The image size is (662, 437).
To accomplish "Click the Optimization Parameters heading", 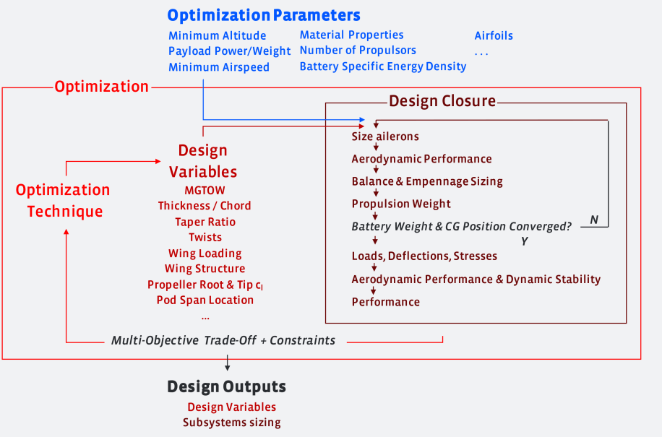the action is point(264,16).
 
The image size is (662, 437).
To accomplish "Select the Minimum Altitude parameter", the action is point(218,36).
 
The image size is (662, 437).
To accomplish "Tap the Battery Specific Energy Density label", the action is point(383,66).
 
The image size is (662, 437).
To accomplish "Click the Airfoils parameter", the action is point(494,36).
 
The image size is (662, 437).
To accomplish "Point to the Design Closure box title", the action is point(442,101).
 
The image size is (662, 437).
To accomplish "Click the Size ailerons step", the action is point(385,137).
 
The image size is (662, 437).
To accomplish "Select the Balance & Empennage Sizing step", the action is point(427,182).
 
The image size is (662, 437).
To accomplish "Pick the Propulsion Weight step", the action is point(401,204).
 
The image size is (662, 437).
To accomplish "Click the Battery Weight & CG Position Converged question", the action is point(462,227).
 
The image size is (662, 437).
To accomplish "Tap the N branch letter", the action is point(594,220).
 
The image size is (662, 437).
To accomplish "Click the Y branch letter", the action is point(525,241).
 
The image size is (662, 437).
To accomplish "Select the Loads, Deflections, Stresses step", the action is point(424,256).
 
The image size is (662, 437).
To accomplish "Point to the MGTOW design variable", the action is point(205,191).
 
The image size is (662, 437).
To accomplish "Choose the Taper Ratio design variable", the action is point(205,222).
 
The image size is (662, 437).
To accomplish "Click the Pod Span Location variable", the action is point(205,300).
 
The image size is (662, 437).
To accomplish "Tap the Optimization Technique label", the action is point(63,200).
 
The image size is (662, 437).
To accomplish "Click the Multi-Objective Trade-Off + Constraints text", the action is point(223,340).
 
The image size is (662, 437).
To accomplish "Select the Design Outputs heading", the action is point(226,387).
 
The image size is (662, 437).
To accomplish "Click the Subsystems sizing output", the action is point(232,423).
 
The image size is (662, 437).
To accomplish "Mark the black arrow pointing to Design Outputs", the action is point(227,363).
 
